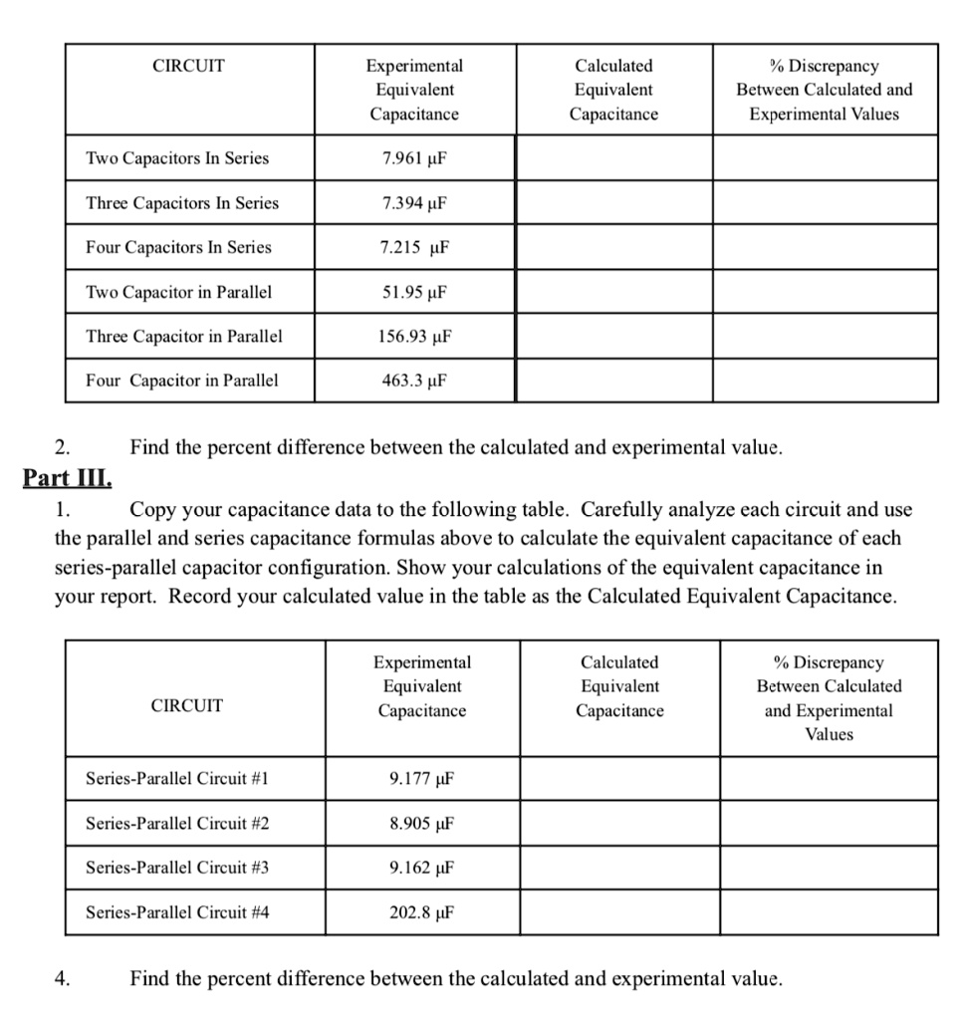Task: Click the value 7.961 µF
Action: pos(414,158)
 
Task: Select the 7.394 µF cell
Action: pos(414,203)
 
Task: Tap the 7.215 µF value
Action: pos(414,247)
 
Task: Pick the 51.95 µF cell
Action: pos(414,292)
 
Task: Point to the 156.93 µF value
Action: pos(414,336)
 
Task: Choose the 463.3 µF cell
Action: pos(414,380)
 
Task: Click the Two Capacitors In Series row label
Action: pos(177,158)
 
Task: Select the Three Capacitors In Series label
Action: pos(182,203)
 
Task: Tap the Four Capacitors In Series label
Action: pos(178,247)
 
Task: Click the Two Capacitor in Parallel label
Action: pos(179,292)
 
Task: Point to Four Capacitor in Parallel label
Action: pos(182,380)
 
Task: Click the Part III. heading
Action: pos(68,476)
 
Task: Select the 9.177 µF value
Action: pos(422,779)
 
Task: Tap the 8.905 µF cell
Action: pos(422,824)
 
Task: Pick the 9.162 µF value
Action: pos(422,868)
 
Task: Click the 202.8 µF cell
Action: pos(422,912)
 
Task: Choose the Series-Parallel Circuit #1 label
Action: pos(177,779)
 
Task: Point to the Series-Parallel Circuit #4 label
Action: pos(177,912)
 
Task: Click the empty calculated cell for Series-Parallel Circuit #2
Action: pos(619,824)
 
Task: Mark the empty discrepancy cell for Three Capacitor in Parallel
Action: pos(825,336)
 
